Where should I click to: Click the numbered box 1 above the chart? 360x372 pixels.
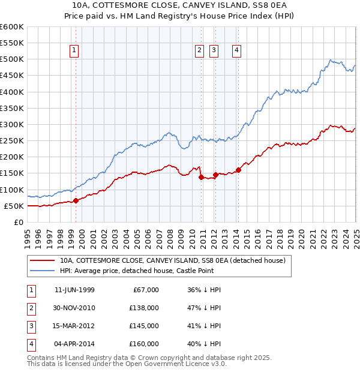click(x=74, y=51)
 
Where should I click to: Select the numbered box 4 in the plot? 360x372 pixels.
click(x=238, y=51)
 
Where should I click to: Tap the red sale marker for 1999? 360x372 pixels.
click(x=76, y=200)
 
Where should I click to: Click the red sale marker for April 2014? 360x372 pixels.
click(x=238, y=170)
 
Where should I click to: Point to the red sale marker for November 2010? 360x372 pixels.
click(x=201, y=177)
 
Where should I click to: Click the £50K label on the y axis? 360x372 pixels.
click(x=13, y=206)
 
